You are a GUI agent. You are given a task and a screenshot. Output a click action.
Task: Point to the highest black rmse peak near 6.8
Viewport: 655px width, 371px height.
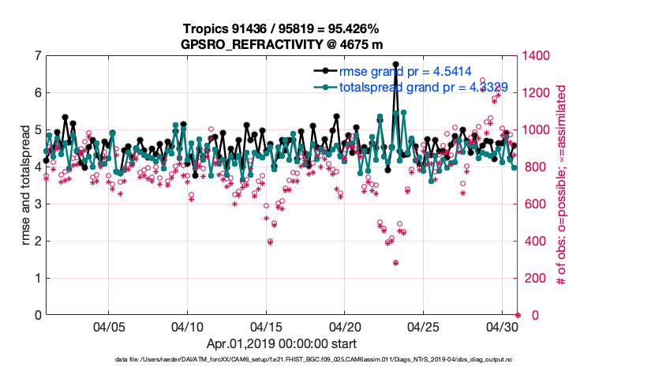pos(395,64)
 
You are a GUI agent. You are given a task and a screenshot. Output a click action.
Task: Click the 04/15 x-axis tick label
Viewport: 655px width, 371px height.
pos(266,325)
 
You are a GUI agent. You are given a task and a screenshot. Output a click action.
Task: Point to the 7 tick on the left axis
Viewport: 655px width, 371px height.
pos(37,56)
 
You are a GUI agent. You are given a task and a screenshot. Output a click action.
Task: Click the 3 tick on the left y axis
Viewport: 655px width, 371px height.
pos(37,204)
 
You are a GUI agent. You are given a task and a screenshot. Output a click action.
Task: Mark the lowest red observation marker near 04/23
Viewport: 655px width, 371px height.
pos(395,263)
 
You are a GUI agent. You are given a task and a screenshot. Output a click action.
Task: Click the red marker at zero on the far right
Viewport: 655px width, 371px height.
pos(518,315)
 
